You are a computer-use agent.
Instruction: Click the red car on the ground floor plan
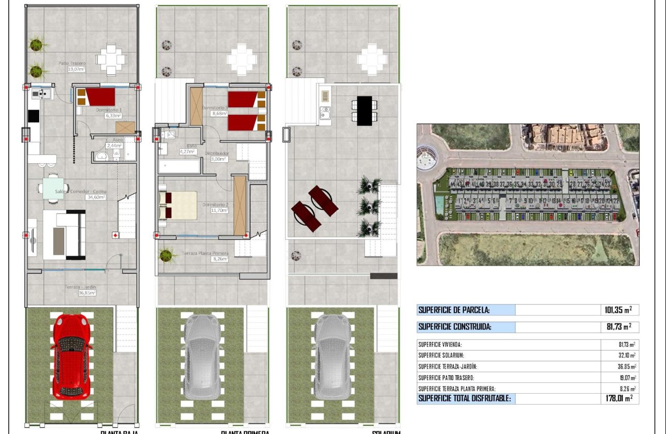coord(72,355)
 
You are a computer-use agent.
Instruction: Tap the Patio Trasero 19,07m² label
coord(72,66)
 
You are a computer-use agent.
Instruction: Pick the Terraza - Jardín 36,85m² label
coord(82,289)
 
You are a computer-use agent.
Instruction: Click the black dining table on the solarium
coord(364,111)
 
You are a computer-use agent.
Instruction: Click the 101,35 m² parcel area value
coord(618,310)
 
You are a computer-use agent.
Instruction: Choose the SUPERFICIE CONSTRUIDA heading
coord(455,327)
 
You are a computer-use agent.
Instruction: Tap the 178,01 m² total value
coord(618,398)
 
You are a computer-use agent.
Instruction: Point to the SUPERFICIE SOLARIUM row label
coord(442,355)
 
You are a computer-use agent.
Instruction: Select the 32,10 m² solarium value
coord(624,355)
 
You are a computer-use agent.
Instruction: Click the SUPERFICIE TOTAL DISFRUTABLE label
coord(465,398)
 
